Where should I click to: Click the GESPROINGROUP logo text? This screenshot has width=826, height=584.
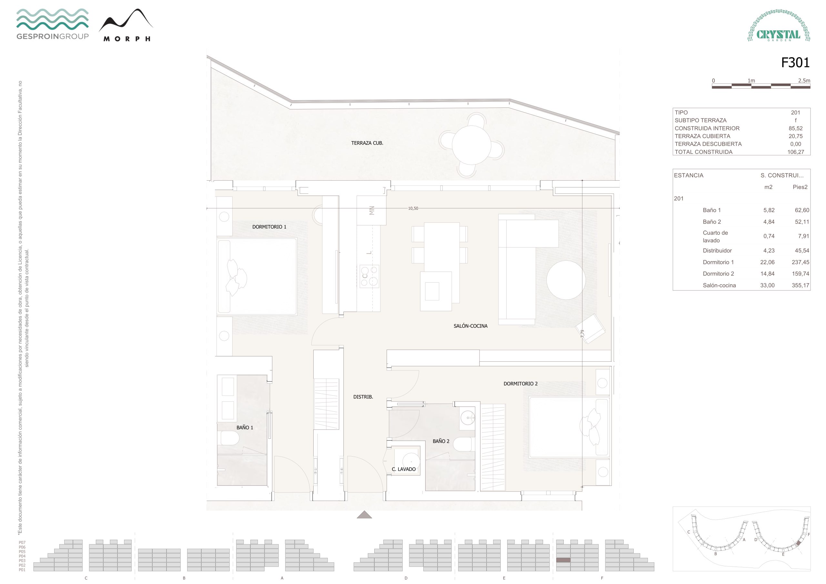coord(53,36)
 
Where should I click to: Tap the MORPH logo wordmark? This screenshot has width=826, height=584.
coord(126,39)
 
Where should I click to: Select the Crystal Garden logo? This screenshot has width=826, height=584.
coord(779,25)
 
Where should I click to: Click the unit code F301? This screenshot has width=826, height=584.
coord(795,63)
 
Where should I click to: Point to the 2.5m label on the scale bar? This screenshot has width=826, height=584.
coord(804,81)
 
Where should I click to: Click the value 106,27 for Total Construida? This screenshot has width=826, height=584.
coord(795,152)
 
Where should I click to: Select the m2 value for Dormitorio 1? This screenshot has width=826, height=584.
coord(767,262)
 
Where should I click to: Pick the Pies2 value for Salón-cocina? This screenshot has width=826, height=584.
coord(800,285)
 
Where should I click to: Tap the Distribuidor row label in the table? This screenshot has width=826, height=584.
coord(717,250)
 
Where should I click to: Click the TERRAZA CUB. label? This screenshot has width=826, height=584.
coord(367,143)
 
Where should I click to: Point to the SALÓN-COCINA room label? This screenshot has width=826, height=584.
coord(470,326)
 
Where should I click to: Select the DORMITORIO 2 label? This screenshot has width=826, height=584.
coord(520,384)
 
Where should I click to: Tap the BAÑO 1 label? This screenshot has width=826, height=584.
coord(245,428)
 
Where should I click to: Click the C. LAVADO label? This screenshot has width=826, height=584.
coord(403,469)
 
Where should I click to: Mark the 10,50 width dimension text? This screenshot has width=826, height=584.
coord(413,208)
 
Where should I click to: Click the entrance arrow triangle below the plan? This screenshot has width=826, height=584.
coord(364,515)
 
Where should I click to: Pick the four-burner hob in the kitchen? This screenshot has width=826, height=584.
coord(369,276)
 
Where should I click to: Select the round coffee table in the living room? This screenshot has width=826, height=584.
coord(566,280)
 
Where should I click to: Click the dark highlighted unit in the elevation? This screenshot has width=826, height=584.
coord(563,560)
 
